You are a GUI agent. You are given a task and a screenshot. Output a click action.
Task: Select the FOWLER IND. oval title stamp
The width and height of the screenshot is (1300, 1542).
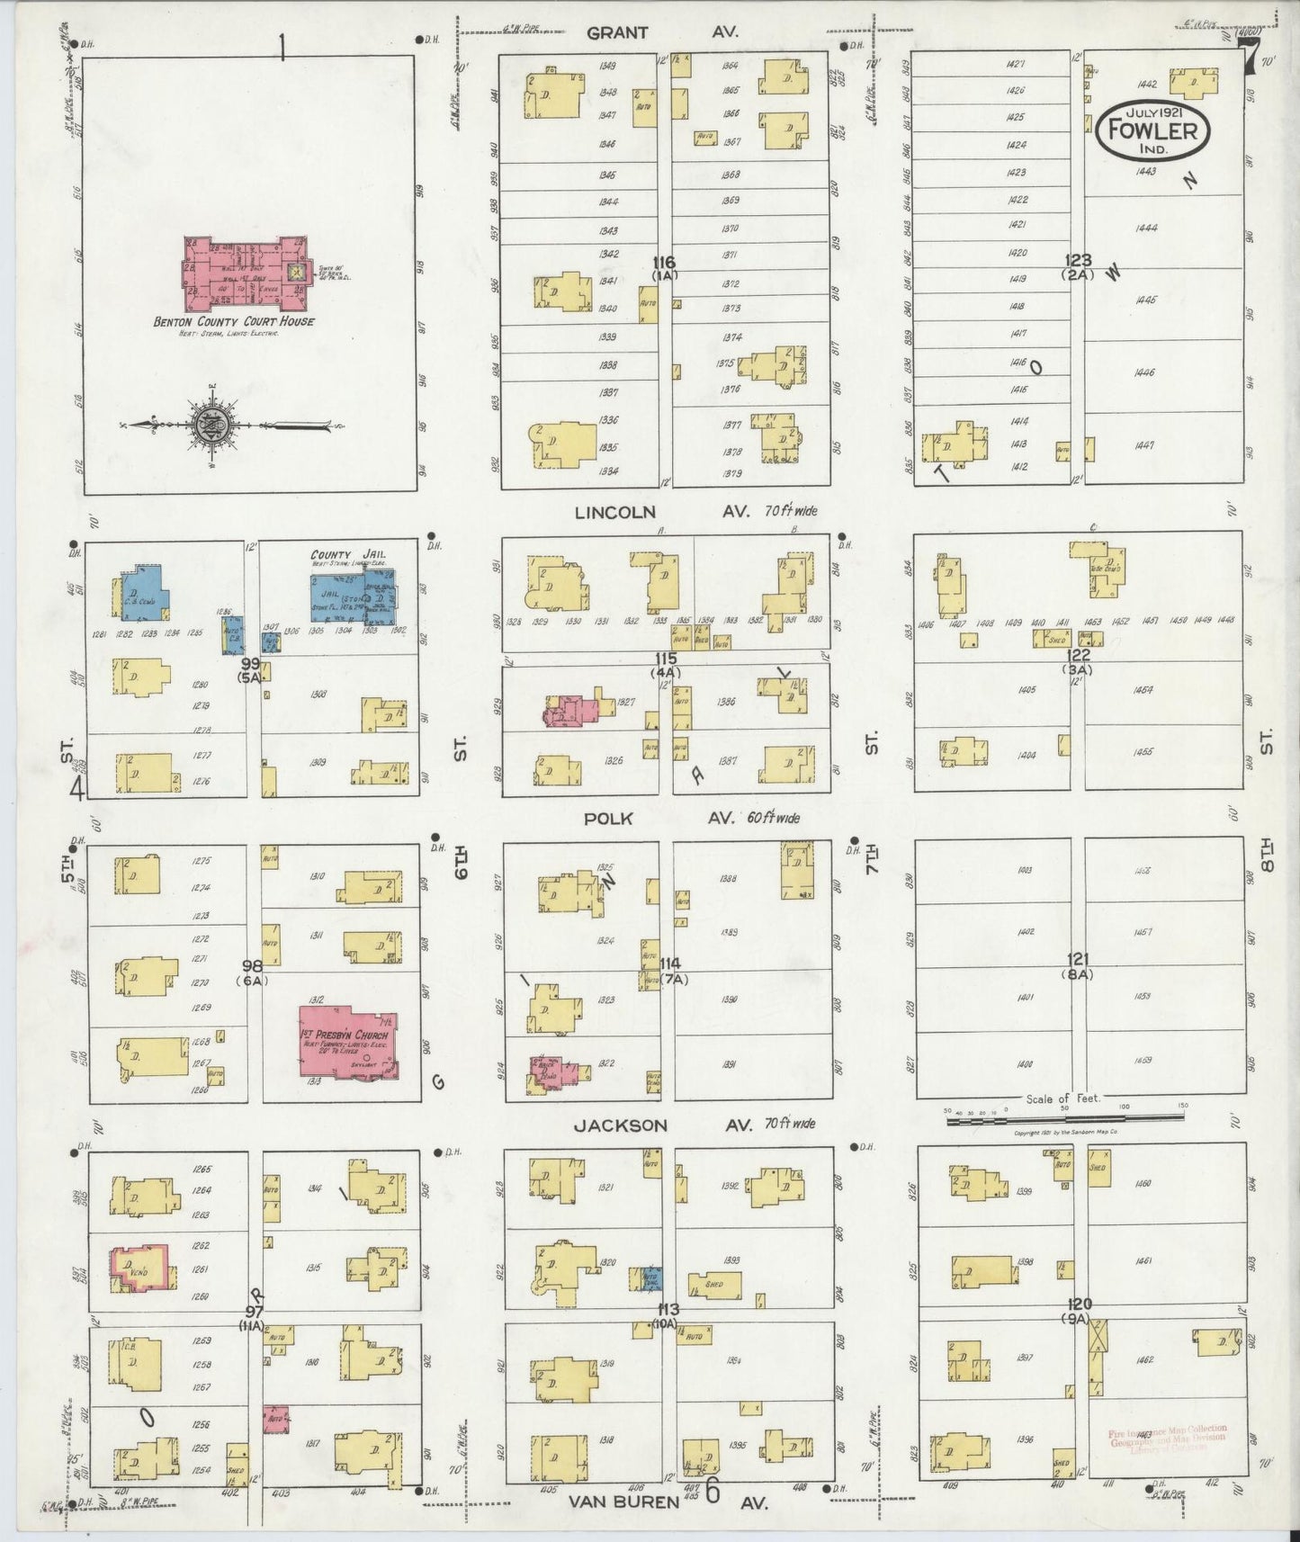(1152, 130)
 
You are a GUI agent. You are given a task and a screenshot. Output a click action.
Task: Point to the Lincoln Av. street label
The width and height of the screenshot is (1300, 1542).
(662, 512)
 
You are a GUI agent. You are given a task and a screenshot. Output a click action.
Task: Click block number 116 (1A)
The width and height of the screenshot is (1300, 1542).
(665, 268)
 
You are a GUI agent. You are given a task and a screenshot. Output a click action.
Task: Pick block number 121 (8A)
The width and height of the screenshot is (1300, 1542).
(1078, 964)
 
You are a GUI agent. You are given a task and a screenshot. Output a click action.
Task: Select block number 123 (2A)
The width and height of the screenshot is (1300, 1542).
(1078, 267)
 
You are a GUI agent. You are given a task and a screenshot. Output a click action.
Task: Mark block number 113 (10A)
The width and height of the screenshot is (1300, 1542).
(668, 1315)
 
